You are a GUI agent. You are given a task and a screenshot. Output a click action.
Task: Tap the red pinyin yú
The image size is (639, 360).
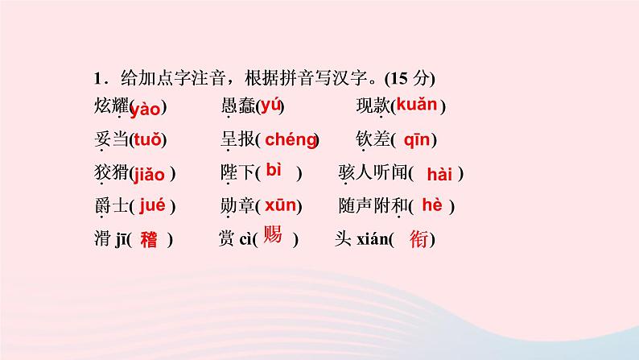(270, 105)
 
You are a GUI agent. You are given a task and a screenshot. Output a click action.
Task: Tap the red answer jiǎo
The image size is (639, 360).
(150, 173)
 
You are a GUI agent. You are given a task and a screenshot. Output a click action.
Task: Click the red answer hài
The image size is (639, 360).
(440, 174)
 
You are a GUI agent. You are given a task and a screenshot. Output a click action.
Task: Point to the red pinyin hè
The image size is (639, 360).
(432, 205)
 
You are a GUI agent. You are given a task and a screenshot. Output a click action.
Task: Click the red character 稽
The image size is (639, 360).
(149, 239)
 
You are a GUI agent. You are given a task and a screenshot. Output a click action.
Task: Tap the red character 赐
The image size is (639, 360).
(273, 238)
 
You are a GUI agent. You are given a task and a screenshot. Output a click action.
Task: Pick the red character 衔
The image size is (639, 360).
(418, 239)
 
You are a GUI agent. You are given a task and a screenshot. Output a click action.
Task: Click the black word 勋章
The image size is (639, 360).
(237, 207)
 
